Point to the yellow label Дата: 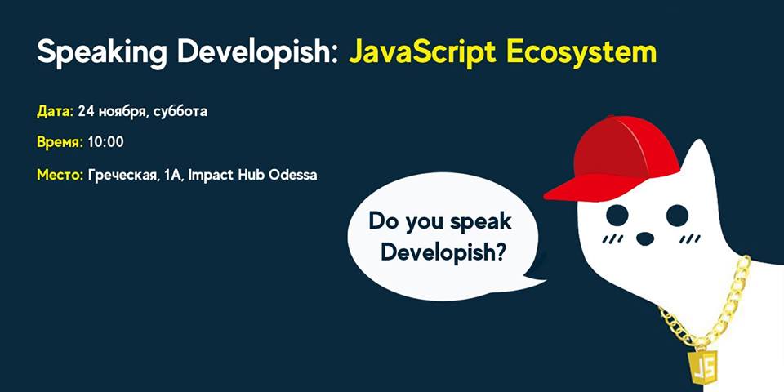click(55, 112)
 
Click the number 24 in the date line click(86, 112)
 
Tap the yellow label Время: click(60, 142)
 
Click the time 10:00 click(105, 142)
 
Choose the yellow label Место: click(60, 176)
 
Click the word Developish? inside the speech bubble click(443, 253)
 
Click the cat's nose click(645, 238)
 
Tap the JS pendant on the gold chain click(702, 363)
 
